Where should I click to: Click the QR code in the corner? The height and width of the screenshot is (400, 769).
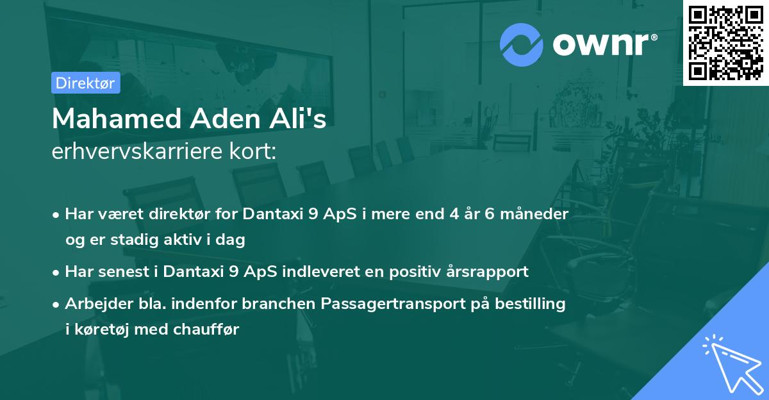(x=726, y=42)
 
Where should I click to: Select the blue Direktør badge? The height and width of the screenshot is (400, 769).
(x=85, y=83)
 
